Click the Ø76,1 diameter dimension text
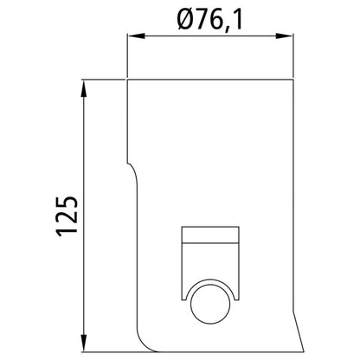pyautogui.click(x=209, y=20)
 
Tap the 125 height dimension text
pyautogui.click(x=67, y=216)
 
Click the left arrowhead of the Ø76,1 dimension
pyautogui.click(x=136, y=36)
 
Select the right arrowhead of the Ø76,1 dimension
pyautogui.click(x=285, y=36)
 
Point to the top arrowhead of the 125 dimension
pyautogui.click(x=84, y=88)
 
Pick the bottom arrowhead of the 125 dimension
pyautogui.click(x=84, y=343)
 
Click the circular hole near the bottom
pyautogui.click(x=210, y=304)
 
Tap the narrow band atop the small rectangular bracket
pyautogui.click(x=210, y=235)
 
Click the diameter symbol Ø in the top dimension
pyautogui.click(x=184, y=20)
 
